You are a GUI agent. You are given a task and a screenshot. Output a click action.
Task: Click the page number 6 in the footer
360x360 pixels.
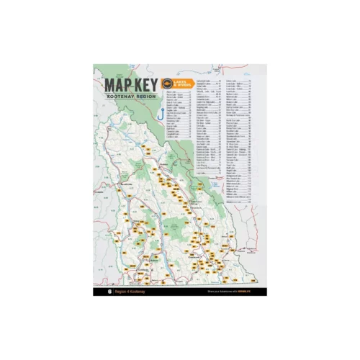pyautogui.click(x=109, y=292)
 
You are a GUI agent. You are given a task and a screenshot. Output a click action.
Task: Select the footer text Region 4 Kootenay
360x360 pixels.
pyautogui.click(x=131, y=292)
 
